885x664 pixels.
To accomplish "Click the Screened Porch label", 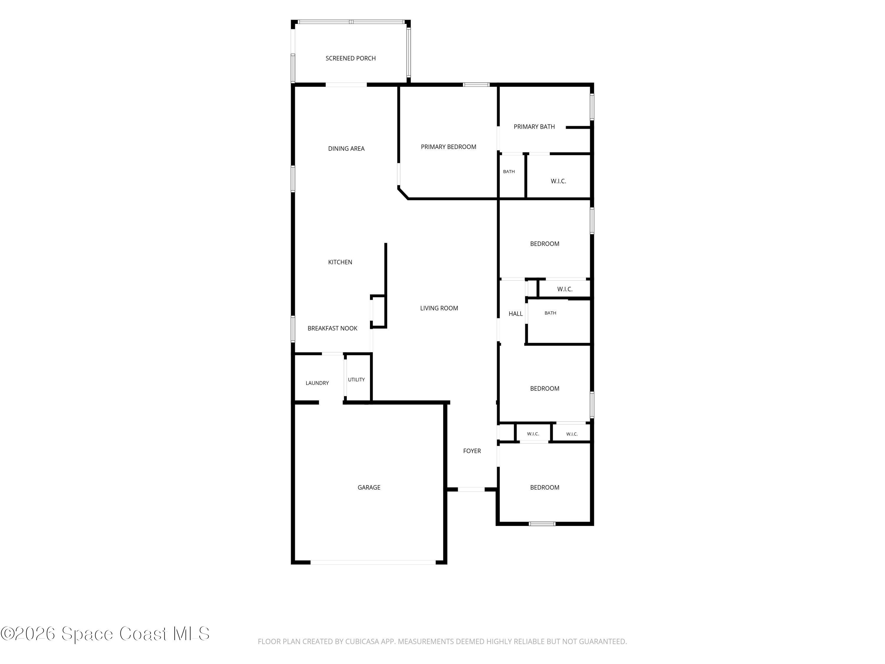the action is coord(350,58).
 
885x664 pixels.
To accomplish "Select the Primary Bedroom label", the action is coord(448,147).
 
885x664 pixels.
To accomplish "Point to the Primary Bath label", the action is coord(534,127).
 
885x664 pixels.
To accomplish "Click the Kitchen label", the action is coord(340,262).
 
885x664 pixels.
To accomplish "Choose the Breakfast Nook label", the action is coord(332,328).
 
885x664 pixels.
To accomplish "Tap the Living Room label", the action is coord(439,308).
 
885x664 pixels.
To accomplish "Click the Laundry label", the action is coord(317,383).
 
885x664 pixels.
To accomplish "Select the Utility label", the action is coord(356,380).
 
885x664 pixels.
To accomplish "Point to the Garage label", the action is coord(369,488).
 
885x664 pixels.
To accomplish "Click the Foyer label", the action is coord(472,451).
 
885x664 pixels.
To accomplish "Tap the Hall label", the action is coord(516,314).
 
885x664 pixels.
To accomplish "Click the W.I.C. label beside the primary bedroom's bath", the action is coord(558,181).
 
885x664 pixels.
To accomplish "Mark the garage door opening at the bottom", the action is coord(373,562).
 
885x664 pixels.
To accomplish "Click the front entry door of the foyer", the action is coord(471,489).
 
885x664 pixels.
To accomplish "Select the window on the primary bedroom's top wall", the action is coord(476,84).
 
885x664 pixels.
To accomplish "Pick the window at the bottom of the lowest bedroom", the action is coord(542,524).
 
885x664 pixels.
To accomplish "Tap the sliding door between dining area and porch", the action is coord(346,84).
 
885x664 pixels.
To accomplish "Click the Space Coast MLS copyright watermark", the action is coord(105,634).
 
